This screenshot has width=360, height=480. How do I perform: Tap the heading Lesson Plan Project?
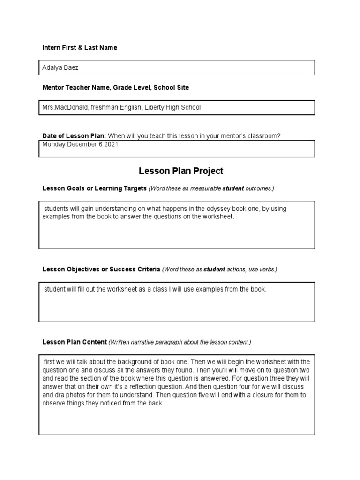pyautogui.click(x=180, y=171)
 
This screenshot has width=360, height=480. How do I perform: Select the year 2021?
pyautogui.click(x=111, y=144)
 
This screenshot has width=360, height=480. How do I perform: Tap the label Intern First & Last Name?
pyautogui.click(x=80, y=48)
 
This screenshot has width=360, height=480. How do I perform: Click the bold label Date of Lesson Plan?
pyautogui.click(x=74, y=136)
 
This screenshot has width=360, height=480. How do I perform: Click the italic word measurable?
pyautogui.click(x=203, y=188)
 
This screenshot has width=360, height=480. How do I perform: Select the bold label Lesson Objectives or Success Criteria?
pyautogui.click(x=101, y=270)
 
